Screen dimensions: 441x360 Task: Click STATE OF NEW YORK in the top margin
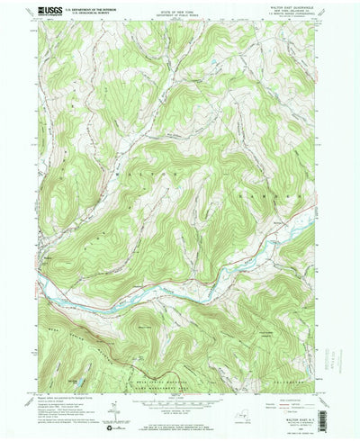[x=180, y=11]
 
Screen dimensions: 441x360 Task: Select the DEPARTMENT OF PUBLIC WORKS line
[x=180, y=15]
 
